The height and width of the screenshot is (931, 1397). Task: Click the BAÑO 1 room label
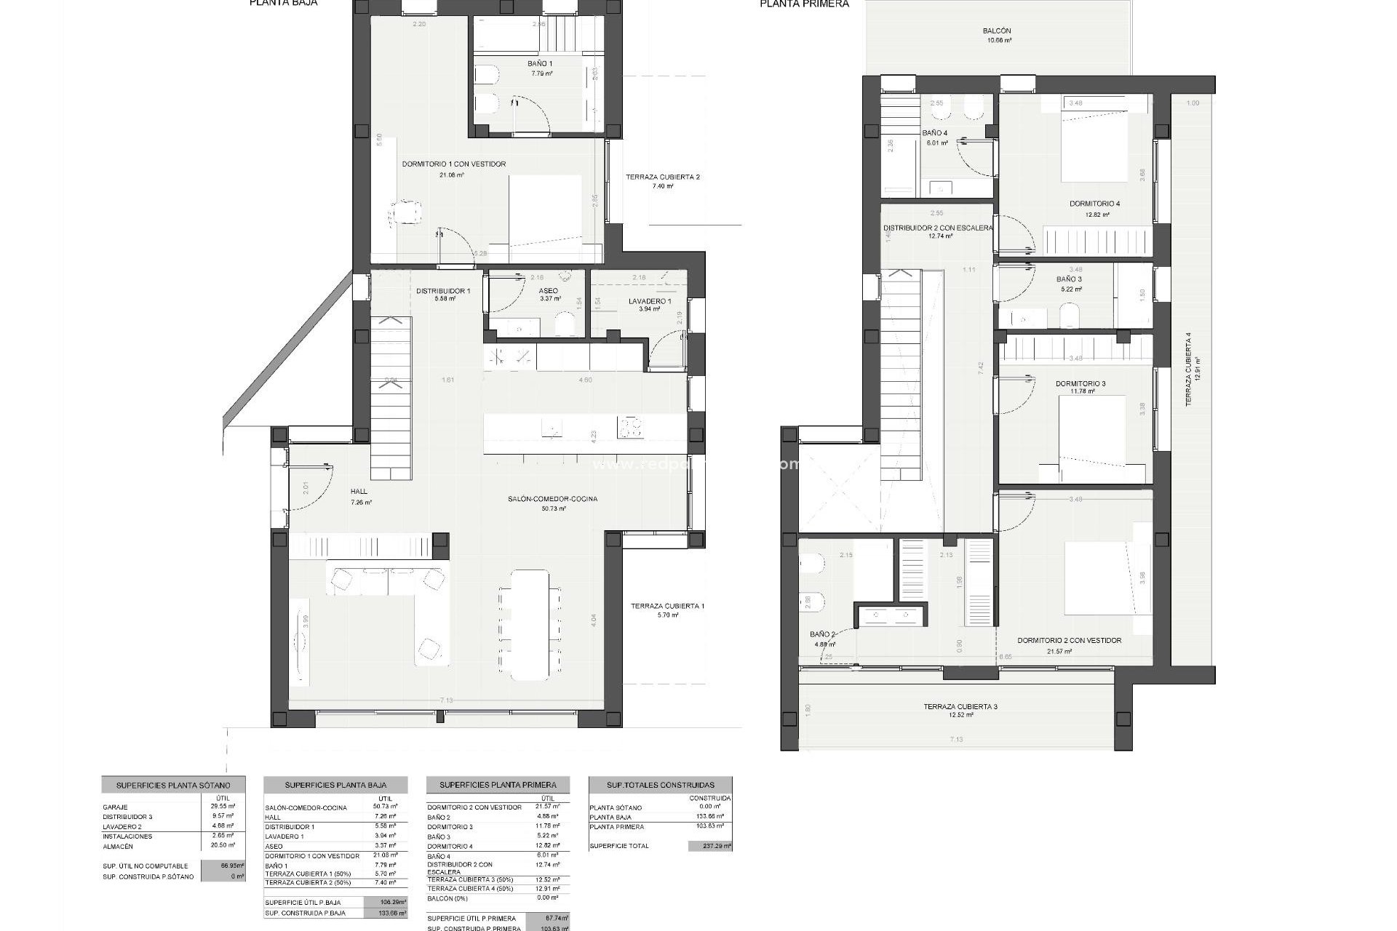pos(540,64)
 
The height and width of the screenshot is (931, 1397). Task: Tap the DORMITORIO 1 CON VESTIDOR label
pos(453,164)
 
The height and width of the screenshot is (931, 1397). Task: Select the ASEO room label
pos(548,291)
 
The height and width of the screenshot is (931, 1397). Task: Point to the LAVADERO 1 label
pos(649,301)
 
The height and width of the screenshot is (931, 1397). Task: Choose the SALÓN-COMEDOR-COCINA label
pos(552,499)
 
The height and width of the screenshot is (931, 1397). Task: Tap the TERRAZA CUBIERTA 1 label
pos(667,606)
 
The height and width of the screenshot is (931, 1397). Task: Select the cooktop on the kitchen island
pos(631,427)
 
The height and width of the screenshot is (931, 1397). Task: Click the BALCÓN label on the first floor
pos(996,31)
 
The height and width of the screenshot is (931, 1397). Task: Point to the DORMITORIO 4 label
pos(1094,204)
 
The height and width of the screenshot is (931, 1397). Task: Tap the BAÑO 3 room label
pos(1069,279)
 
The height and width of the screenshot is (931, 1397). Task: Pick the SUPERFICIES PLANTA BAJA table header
pos(335,786)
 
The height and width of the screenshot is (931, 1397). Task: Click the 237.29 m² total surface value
pos(709,846)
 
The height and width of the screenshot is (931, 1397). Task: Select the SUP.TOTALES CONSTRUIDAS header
pos(660,785)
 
